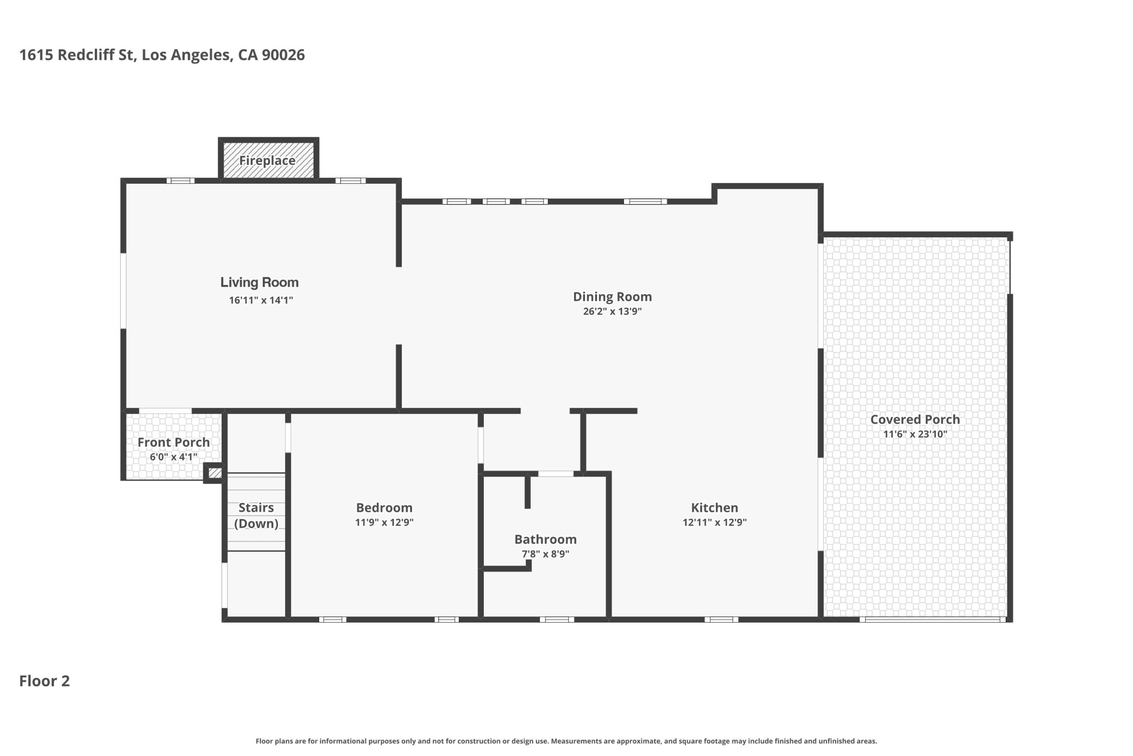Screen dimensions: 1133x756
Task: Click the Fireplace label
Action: click(x=267, y=161)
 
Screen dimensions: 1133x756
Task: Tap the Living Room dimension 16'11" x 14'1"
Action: click(x=261, y=300)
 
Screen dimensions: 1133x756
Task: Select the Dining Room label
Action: click(x=612, y=297)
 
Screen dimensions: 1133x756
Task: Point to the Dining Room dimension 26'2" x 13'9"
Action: click(x=612, y=311)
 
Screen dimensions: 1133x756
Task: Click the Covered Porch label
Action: click(x=915, y=419)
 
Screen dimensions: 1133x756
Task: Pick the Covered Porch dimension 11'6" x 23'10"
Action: click(x=915, y=434)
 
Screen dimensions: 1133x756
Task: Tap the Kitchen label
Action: click(x=714, y=507)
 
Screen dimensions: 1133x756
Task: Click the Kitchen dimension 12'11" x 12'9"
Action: click(x=714, y=522)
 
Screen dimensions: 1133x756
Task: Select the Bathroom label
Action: click(x=545, y=539)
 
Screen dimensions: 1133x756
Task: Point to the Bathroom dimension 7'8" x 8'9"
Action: click(x=545, y=554)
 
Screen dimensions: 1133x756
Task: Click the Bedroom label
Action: click(x=384, y=508)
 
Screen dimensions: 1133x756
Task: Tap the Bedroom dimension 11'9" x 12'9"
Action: click(x=384, y=522)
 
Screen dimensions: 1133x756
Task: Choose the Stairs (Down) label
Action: click(x=256, y=516)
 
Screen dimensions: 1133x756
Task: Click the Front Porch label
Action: click(x=173, y=442)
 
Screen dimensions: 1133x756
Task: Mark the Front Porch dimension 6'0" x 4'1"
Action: click(x=173, y=457)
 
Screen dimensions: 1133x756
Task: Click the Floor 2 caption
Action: click(x=44, y=681)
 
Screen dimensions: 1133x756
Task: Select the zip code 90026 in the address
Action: click(x=283, y=55)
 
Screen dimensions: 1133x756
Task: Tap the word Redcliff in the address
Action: click(x=95, y=55)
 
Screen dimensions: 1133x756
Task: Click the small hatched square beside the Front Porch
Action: click(x=214, y=473)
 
